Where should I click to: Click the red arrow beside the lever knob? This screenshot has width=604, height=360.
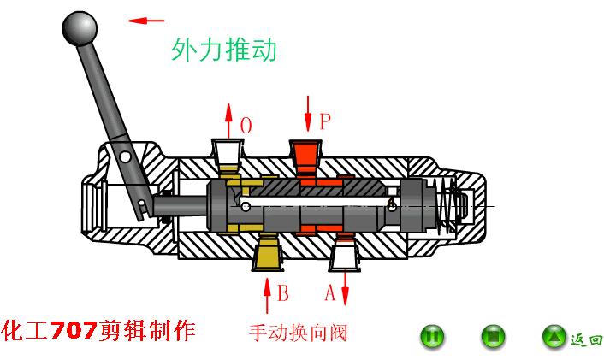pos(146,21)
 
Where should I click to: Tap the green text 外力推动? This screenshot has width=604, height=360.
pos(224,50)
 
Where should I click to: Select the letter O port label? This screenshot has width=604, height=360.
pos(246,126)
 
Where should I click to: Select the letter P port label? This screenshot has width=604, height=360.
pos(324,121)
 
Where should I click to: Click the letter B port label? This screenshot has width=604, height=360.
pos(283,293)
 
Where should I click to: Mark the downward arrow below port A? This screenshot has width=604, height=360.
pos(346,289)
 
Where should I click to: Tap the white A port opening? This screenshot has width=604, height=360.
pos(344,254)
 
